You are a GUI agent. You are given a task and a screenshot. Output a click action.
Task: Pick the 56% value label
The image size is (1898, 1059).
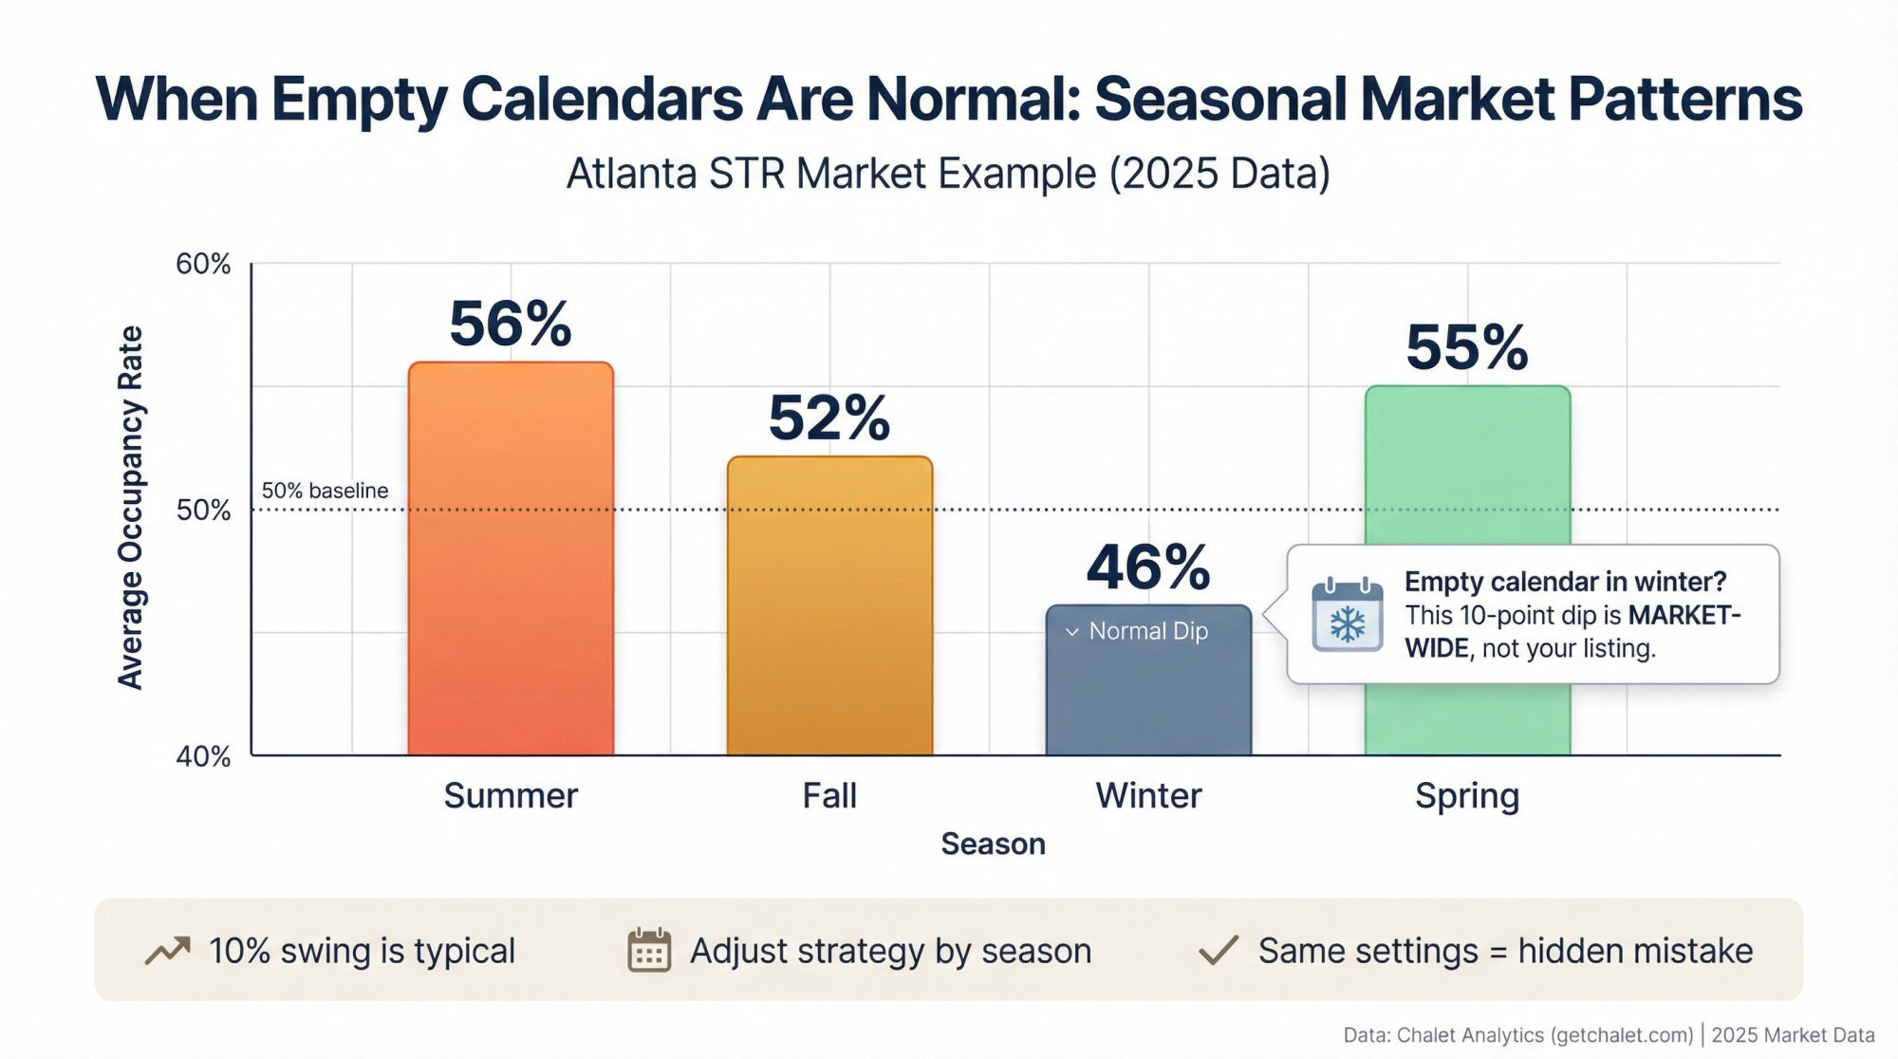coord(511,324)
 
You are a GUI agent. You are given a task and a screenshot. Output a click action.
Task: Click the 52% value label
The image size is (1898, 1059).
coord(829,418)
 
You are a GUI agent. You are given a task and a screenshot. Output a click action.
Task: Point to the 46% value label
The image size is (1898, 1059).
coord(1148,567)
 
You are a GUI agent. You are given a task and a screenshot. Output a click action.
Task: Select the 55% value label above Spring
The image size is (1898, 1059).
coord(1467,347)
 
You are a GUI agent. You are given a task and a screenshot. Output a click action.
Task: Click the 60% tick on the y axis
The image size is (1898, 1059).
coord(203,264)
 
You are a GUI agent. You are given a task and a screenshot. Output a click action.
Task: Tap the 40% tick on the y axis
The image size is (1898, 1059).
coord(203,756)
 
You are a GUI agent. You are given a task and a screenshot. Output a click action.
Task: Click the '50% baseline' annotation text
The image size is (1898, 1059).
coord(325,491)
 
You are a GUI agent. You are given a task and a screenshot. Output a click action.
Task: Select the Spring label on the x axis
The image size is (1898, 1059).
coord(1467,795)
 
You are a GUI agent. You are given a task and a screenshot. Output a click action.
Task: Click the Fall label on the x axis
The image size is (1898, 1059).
coord(829,795)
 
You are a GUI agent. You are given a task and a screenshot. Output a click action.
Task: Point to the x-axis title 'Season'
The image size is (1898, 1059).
coord(993,844)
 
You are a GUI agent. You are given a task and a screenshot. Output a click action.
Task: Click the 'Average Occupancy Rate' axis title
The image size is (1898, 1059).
coord(130,508)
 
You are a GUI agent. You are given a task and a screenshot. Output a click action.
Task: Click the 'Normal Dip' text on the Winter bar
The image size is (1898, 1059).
coord(1148,631)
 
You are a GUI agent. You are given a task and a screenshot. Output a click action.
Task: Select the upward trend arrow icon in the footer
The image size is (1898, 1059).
coord(168,950)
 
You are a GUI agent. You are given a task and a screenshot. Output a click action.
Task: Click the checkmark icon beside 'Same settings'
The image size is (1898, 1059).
coord(1219,950)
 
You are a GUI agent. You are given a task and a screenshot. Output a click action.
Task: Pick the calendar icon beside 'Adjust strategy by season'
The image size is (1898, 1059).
coord(649,950)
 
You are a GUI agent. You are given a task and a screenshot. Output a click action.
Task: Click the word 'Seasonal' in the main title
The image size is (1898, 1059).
coord(1219,99)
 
